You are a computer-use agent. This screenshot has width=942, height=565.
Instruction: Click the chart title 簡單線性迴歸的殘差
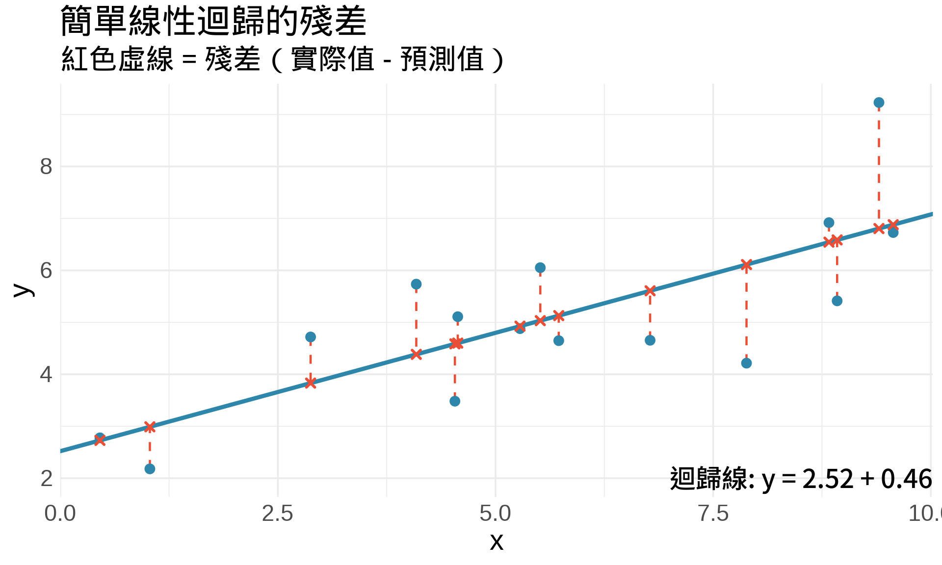[x=213, y=22]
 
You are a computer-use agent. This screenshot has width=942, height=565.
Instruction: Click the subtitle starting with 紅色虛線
[x=282, y=59]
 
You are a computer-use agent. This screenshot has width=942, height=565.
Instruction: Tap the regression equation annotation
[x=801, y=479]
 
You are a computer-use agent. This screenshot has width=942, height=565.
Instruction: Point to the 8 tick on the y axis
[x=46, y=167]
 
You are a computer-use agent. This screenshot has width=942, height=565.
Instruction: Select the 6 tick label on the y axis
[x=46, y=271]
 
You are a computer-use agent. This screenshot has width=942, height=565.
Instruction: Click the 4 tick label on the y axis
[x=46, y=375]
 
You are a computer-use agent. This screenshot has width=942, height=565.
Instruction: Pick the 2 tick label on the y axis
[x=46, y=479]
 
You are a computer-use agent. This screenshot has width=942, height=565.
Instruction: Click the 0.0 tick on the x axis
[x=60, y=514]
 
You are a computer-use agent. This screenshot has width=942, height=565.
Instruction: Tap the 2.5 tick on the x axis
[x=278, y=514]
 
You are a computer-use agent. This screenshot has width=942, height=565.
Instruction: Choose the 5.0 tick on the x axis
[x=495, y=514]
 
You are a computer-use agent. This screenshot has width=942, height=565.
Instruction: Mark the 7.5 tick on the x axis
[x=713, y=514]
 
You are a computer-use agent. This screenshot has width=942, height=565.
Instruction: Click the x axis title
[x=497, y=542]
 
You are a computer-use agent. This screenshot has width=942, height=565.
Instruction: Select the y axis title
[x=23, y=290]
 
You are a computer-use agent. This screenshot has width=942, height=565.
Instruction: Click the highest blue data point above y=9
[x=879, y=103]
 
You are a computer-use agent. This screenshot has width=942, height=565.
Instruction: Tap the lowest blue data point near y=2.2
[x=150, y=469]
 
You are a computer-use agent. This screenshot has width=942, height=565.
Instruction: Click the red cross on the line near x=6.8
[x=650, y=291]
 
